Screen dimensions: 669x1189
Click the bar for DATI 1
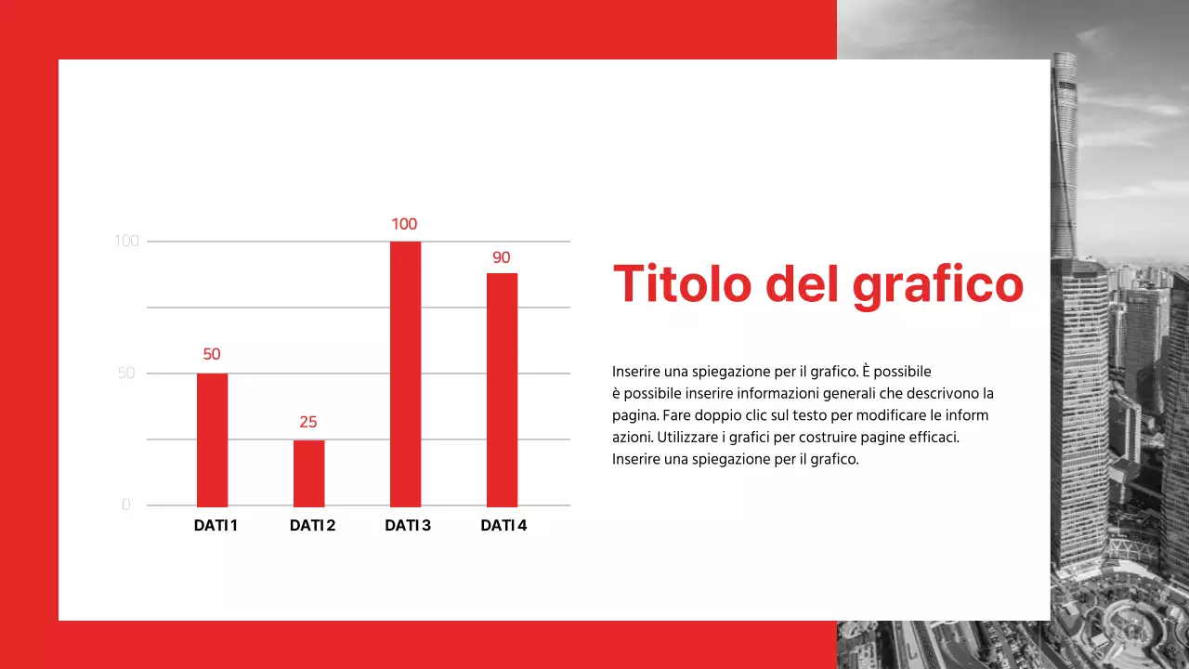coord(212,439)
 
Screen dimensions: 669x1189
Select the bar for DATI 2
coord(308,473)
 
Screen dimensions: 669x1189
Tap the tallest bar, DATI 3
coord(405,374)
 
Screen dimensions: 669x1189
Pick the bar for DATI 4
coord(502,389)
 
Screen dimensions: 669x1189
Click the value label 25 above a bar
coord(308,422)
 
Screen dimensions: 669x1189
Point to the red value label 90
coord(502,257)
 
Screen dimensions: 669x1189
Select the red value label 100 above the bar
coord(404,224)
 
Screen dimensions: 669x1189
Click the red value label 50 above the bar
coord(212,354)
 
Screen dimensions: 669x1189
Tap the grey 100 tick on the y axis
coord(126,242)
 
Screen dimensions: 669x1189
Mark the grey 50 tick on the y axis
coord(126,374)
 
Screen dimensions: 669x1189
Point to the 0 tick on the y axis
coord(126,505)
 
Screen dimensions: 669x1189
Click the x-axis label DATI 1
coord(216,526)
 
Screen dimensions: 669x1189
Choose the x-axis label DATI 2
coord(312,526)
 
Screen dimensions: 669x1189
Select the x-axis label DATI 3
coord(408,526)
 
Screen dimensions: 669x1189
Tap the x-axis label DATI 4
coord(503,526)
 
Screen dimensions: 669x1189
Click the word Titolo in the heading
coord(682,283)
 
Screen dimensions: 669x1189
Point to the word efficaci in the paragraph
coord(930,437)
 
